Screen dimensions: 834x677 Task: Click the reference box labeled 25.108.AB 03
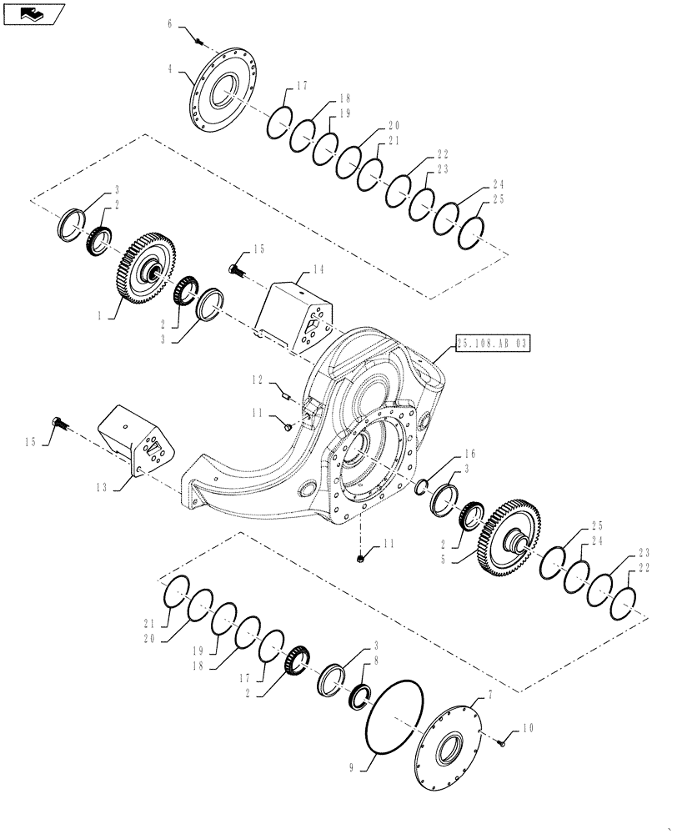pyautogui.click(x=493, y=343)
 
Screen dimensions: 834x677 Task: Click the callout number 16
pyautogui.click(x=469, y=454)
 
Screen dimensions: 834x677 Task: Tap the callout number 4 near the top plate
pyautogui.click(x=171, y=70)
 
